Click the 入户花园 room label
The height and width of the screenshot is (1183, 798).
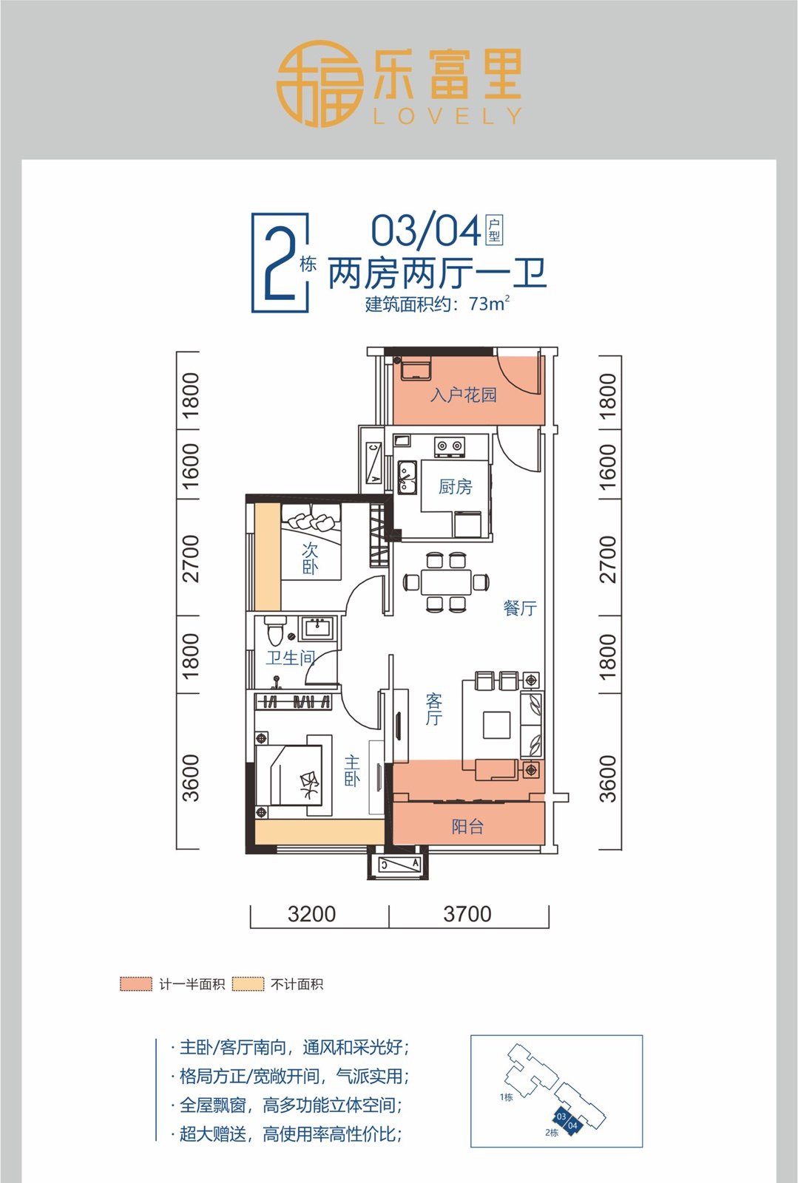coord(464,395)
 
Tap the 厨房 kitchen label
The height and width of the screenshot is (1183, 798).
coord(455,486)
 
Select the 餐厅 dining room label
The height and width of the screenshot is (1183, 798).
coord(520,608)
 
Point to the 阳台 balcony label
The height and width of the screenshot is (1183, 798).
coord(467,826)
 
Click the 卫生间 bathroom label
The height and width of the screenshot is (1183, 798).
coord(290,658)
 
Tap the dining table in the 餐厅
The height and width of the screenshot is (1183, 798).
coord(446,582)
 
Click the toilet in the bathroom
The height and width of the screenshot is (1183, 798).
coord(275,631)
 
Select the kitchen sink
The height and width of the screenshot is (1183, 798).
coord(407,477)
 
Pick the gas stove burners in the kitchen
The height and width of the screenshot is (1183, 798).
coord(450,447)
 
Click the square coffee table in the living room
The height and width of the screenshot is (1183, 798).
coord(496,726)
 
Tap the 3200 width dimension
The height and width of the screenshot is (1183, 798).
coord(312,913)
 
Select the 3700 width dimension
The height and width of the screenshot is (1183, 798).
coord(467,913)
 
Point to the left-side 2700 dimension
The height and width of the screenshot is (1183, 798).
coord(190,559)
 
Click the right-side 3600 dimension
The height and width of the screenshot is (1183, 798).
coord(608,779)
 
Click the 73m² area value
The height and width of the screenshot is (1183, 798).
coord(489,304)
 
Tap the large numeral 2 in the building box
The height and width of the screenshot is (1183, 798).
coord(279,265)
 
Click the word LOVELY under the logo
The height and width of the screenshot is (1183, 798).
coord(447,116)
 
